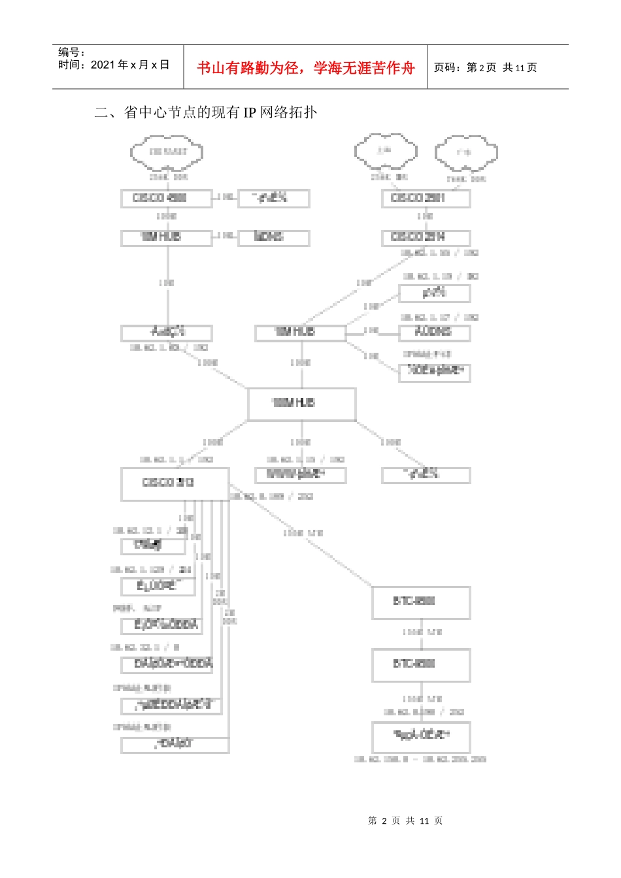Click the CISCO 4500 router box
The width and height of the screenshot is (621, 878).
click(166, 198)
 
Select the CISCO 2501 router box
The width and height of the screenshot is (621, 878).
click(426, 198)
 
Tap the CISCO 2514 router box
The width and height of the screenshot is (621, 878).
click(426, 237)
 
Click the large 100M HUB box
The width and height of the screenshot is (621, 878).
click(301, 404)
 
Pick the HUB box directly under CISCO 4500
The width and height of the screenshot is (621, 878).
click(166, 237)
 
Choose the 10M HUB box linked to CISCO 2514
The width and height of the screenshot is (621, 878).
click(300, 333)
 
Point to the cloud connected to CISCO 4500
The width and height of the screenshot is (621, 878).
click(167, 152)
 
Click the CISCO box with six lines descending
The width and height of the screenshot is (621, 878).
click(175, 483)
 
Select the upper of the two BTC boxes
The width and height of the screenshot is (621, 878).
click(421, 602)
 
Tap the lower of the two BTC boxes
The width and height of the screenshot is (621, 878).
click(421, 665)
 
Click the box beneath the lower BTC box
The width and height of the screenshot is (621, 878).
click(421, 736)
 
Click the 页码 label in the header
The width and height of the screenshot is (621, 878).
click(448, 67)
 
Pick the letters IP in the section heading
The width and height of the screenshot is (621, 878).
click(250, 112)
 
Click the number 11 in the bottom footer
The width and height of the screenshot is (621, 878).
click(424, 821)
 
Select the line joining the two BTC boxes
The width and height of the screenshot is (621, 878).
click(422, 634)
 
